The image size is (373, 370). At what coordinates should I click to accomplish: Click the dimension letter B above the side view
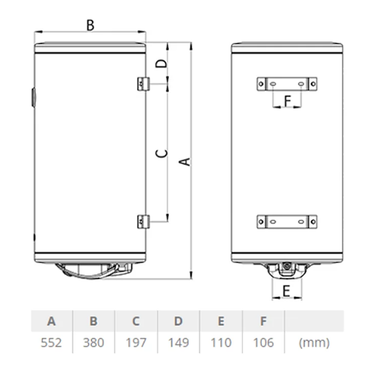(90, 25)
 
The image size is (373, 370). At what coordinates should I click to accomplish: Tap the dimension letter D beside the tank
(161, 63)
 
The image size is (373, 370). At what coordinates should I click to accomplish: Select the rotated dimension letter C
(161, 153)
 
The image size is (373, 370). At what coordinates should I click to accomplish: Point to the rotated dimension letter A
(185, 162)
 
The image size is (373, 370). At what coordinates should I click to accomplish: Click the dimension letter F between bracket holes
(288, 101)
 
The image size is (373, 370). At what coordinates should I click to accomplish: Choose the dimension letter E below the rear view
(286, 291)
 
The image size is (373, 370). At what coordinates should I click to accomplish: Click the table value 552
(51, 343)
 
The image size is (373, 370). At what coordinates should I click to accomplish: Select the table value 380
(93, 343)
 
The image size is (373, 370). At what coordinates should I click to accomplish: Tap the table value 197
(136, 343)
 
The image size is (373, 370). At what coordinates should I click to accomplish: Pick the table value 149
(178, 343)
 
